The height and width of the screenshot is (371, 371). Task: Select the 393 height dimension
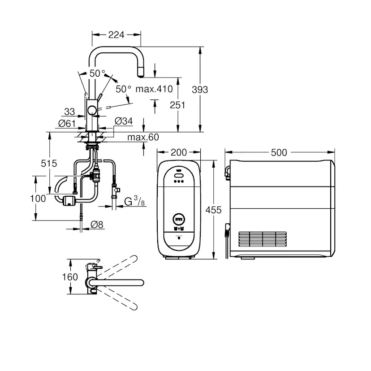pyautogui.click(x=200, y=90)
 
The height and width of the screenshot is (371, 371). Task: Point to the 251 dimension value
pyautogui.click(x=178, y=105)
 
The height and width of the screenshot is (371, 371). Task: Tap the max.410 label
pyautogui.click(x=154, y=89)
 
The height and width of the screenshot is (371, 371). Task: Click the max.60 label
pyautogui.click(x=142, y=137)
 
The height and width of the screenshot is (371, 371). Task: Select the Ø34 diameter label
pyautogui.click(x=123, y=121)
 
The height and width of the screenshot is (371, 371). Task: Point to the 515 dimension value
pyautogui.click(x=48, y=164)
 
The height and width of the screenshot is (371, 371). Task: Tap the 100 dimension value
pyautogui.click(x=39, y=198)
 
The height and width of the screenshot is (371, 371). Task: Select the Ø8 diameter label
pyautogui.click(x=97, y=225)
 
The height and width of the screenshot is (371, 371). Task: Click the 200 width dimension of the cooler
pyautogui.click(x=179, y=152)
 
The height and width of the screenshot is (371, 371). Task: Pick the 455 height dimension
pyautogui.click(x=214, y=210)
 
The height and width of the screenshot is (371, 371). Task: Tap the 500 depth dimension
pyautogui.click(x=279, y=152)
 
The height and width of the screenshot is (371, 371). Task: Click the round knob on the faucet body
pyautogui.click(x=92, y=111)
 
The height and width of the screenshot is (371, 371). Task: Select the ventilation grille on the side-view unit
pyautogui.click(x=262, y=239)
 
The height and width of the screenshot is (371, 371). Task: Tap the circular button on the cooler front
pyautogui.click(x=179, y=220)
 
